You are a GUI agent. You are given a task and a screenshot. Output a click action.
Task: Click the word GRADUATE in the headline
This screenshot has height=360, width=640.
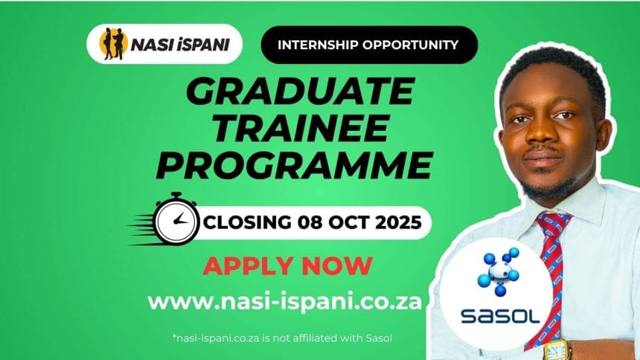tap(301, 91)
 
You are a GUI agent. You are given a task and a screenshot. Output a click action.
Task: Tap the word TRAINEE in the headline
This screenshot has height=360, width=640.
tap(301, 129)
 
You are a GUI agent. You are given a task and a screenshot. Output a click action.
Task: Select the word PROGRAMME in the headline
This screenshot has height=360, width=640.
tap(294, 165)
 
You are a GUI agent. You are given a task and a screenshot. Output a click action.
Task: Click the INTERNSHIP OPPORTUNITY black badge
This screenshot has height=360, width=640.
tap(369, 45)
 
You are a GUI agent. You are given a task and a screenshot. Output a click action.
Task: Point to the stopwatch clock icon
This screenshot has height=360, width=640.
tap(176, 220)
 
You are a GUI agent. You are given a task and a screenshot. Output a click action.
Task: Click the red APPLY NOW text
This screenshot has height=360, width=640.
tap(288, 266)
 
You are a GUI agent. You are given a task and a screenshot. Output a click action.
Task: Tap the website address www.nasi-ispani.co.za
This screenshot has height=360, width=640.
tap(284, 302)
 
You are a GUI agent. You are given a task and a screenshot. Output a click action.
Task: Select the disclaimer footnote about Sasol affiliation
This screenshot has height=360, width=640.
tap(283, 338)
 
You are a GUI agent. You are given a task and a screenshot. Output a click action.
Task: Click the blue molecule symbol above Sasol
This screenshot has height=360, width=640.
tap(499, 271)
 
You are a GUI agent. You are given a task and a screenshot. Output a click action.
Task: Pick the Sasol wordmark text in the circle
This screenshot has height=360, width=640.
tap(500, 316)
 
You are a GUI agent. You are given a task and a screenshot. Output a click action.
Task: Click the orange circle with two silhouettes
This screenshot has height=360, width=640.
tap(113, 44)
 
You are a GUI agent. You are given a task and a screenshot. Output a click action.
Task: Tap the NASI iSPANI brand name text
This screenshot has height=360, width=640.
tap(180, 45)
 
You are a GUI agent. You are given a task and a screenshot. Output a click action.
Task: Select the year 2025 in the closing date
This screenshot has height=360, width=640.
tap(398, 222)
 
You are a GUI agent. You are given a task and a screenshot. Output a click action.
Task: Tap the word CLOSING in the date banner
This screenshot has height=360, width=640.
tap(247, 222)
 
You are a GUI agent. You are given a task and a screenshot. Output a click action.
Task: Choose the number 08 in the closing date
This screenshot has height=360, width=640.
tap(310, 222)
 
